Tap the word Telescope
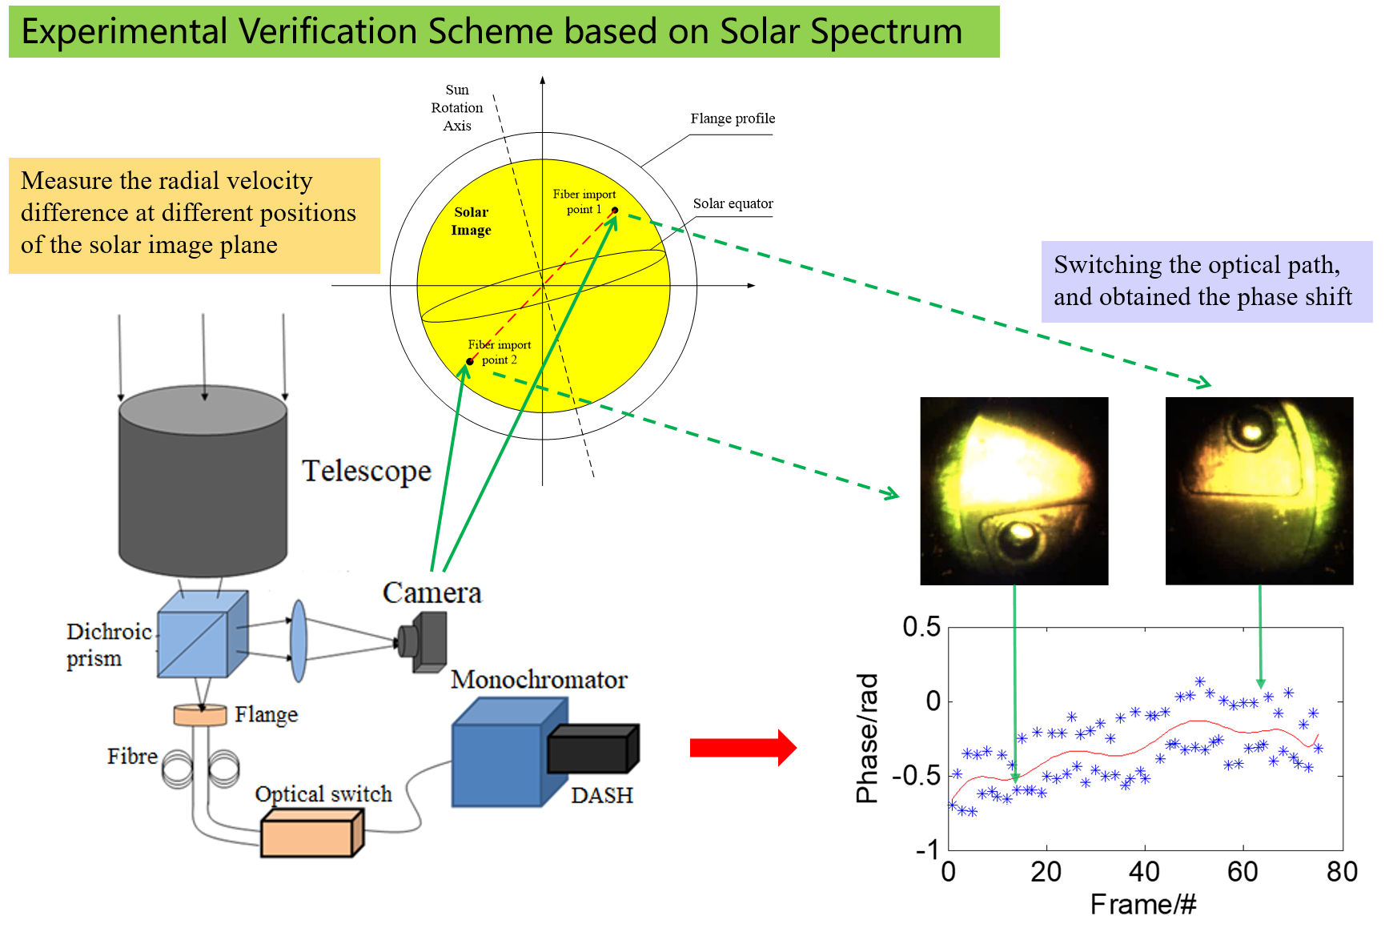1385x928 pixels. tap(366, 471)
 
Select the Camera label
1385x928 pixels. tap(432, 593)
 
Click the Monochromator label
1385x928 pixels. tap(539, 680)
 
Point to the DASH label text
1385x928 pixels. tap(602, 795)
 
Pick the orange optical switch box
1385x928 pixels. tap(312, 833)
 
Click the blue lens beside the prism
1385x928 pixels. tap(299, 641)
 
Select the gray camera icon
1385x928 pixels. tap(424, 641)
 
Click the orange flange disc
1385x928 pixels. tap(200, 715)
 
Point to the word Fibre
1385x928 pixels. tap(132, 757)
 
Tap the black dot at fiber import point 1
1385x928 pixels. tap(615, 211)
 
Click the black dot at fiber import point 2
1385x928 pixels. tap(470, 361)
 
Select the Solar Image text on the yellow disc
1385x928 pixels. tap(471, 221)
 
